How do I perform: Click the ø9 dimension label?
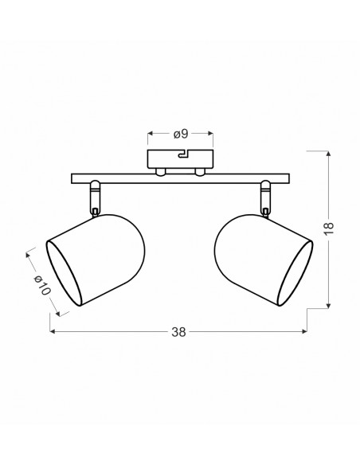[x=181, y=134]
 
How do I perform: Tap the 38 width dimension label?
[x=178, y=332]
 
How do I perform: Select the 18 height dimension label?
[x=329, y=229]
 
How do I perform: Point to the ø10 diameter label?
[x=42, y=285]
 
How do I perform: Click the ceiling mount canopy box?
[x=180, y=159]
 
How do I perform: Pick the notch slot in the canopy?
[x=183, y=154]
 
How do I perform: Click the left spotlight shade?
[x=96, y=260]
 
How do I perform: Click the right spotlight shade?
[x=264, y=260]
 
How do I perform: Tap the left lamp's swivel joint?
[x=96, y=197]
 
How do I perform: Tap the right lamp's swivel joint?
[x=265, y=197]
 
